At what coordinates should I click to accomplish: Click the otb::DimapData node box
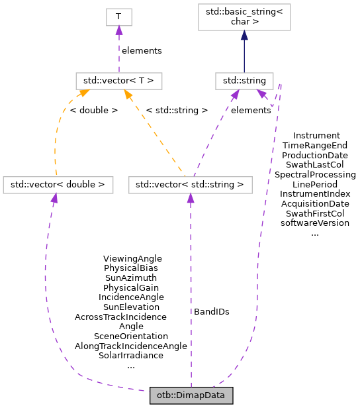pos(191,395)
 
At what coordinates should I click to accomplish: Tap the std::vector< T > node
pos(118,81)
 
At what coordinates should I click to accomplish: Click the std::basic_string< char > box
pos(244,17)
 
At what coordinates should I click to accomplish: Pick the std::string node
pos(244,81)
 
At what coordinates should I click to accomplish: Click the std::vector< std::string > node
pos(191,184)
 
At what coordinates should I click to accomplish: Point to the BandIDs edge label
pos(212,311)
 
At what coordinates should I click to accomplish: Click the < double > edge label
pos(93,110)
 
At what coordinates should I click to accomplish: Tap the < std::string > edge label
pos(177,110)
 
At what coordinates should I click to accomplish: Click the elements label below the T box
pos(142,50)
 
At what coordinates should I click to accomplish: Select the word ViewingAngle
pos(132,258)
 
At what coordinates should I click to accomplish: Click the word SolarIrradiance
pos(131,356)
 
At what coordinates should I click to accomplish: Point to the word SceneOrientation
pos(131,336)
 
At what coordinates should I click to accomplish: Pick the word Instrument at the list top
pos(316,135)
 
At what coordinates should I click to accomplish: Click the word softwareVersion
pos(315,223)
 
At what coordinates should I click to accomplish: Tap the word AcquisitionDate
pos(315,203)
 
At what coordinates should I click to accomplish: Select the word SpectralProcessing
pos(315,174)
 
